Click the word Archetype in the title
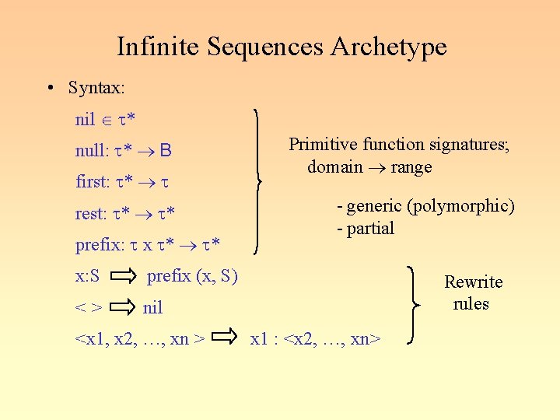pyautogui.click(x=388, y=47)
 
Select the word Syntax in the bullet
pyautogui.click(x=94, y=88)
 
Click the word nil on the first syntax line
pyautogui.click(x=85, y=120)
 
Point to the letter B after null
pyautogui.click(x=166, y=151)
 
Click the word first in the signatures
pyautogui.click(x=91, y=182)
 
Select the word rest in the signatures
pyautogui.click(x=89, y=214)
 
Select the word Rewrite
pyautogui.click(x=473, y=282)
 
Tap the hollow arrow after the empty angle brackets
pyautogui.click(x=123, y=307)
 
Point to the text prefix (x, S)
pyautogui.click(x=192, y=275)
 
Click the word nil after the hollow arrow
pyautogui.click(x=153, y=308)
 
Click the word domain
pyautogui.click(x=334, y=166)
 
